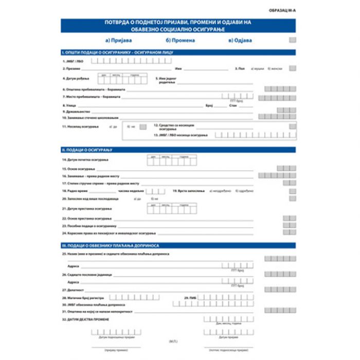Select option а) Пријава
click(x=118, y=40)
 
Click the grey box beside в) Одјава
click(x=292, y=40)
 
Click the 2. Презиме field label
click(x=71, y=68)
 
